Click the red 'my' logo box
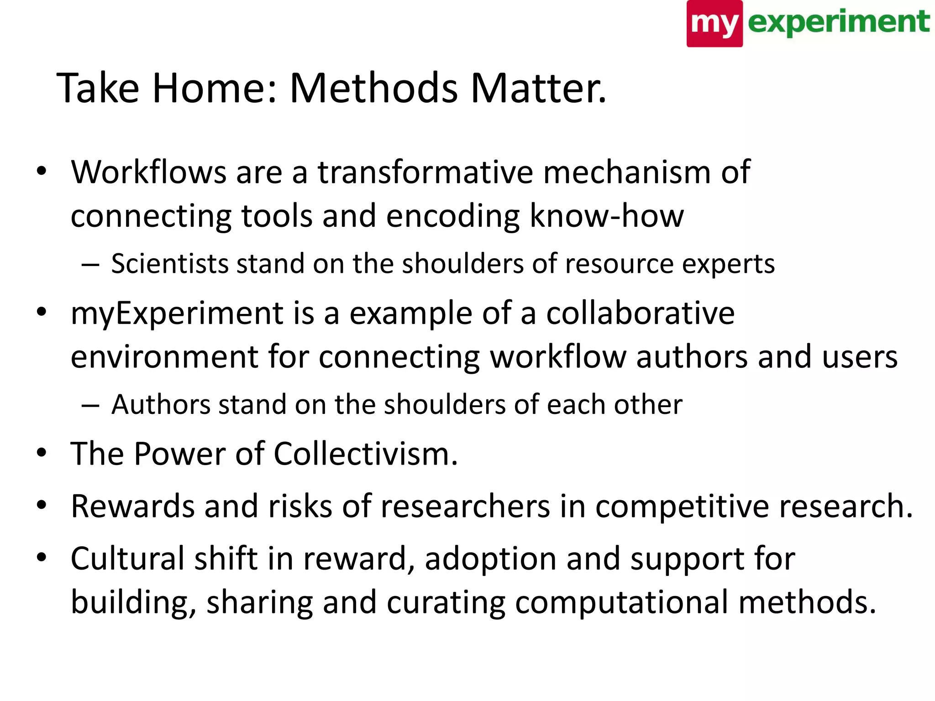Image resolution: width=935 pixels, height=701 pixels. (714, 24)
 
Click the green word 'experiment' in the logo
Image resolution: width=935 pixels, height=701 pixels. (838, 22)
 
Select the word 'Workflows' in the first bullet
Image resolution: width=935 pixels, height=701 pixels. (149, 173)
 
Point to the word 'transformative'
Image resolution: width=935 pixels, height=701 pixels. (425, 173)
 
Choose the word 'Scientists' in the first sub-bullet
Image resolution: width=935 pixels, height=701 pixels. (169, 264)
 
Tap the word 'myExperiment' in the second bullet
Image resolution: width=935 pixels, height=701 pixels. (177, 314)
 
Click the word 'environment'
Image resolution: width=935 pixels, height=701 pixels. (164, 357)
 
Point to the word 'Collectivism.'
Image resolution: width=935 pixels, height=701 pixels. (365, 454)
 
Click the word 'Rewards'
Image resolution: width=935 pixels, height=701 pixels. (133, 506)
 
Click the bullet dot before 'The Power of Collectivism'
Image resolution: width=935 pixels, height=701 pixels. (42, 453)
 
